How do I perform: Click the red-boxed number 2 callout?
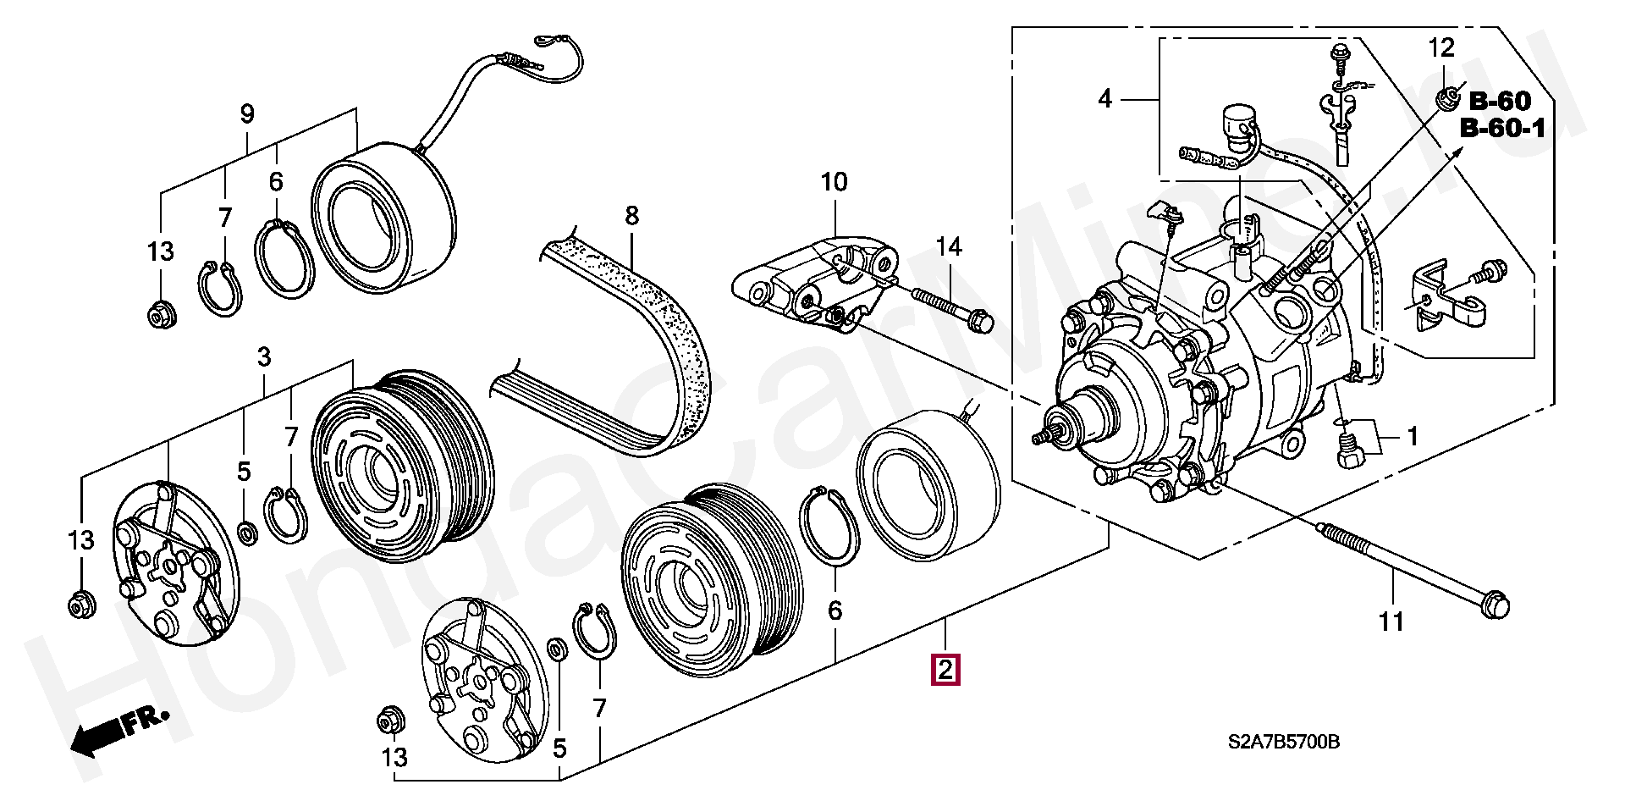945,670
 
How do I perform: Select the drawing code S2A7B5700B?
1284,743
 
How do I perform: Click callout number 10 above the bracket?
834,182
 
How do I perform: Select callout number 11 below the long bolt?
1391,622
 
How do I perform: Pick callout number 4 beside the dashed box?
1104,99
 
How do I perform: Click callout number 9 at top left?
247,114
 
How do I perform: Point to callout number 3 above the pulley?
264,356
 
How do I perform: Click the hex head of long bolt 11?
1496,604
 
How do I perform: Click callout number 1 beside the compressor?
1412,437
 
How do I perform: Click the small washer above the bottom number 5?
557,649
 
